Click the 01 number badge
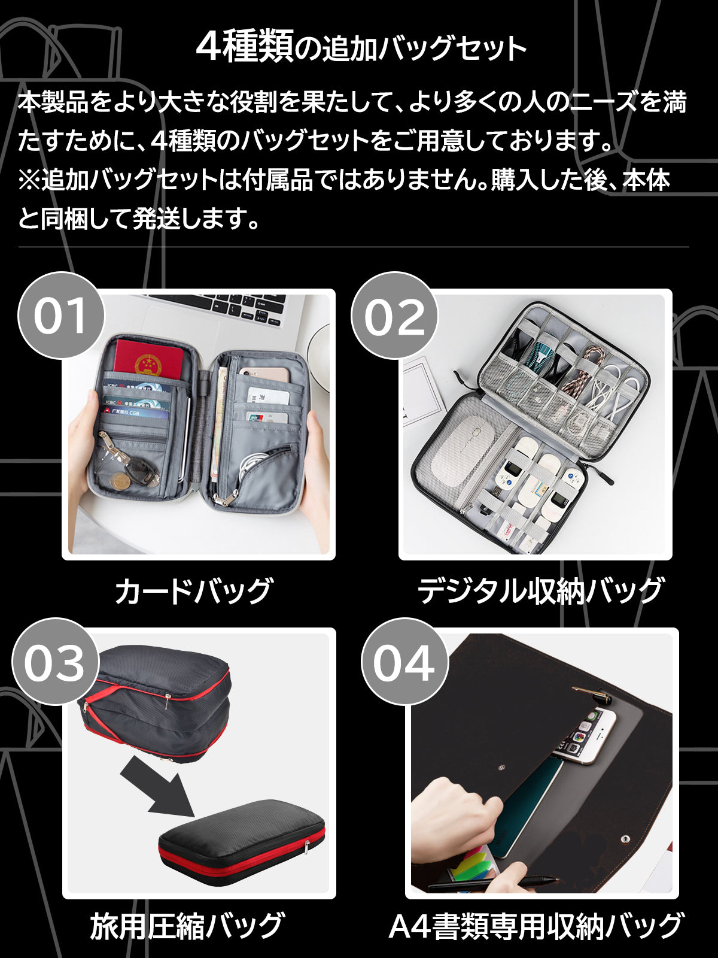coord(61,315)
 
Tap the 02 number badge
coord(394,315)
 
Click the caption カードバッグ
coord(194,592)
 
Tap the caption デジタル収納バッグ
coord(540,592)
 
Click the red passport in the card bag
coord(148,360)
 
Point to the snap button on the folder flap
coord(626,838)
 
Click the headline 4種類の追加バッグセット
coord(361,47)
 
